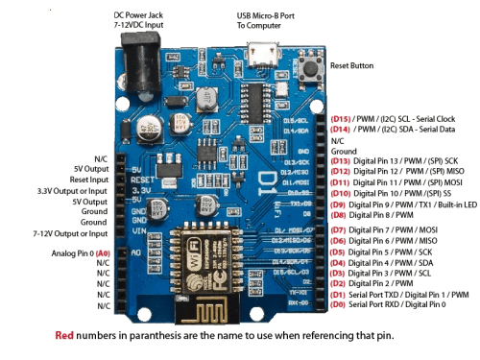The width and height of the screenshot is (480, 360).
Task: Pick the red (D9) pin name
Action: [339, 204]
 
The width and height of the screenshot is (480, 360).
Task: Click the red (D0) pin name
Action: [339, 304]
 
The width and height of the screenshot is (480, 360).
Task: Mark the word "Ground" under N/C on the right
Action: [344, 151]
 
